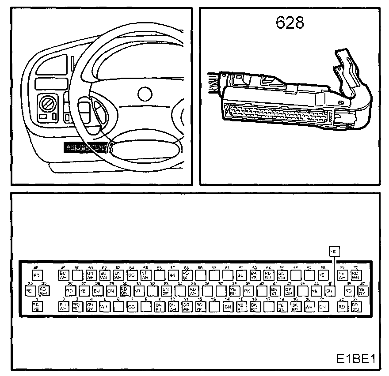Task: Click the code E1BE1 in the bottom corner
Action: tap(357, 359)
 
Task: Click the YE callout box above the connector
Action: tap(334, 251)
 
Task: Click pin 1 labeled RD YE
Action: tap(37, 307)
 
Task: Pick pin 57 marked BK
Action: tap(172, 275)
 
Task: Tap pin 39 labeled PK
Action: tap(248, 291)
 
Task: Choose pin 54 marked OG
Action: tap(131, 275)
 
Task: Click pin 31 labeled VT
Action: tap(138, 291)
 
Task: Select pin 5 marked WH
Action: tap(104, 307)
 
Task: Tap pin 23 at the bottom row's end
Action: tap(355, 307)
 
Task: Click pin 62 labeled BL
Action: tap(240, 275)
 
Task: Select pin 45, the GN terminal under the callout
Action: tap(329, 291)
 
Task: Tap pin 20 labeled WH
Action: tap(309, 307)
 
